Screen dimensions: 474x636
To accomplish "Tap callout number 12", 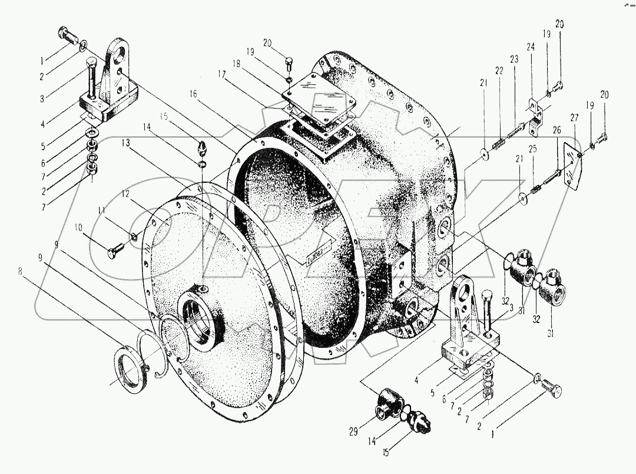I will (125, 193).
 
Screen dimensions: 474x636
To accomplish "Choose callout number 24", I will (531, 48).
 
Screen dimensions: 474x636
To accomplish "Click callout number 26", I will (556, 131).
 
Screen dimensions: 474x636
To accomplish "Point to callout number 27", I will (574, 117).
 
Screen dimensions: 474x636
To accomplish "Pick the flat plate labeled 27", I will (571, 168).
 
